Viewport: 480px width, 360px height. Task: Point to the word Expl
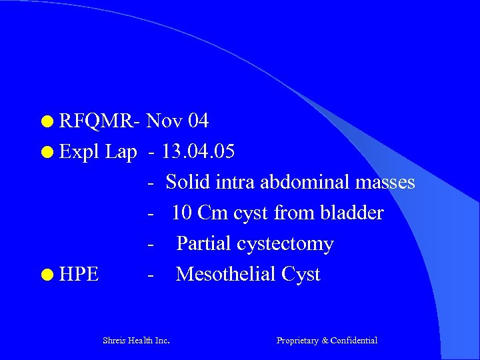tap(78, 152)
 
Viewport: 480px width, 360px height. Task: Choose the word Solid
tap(189, 182)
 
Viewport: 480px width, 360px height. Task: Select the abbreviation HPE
tap(79, 275)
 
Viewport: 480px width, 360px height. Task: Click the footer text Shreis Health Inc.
tap(136, 341)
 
